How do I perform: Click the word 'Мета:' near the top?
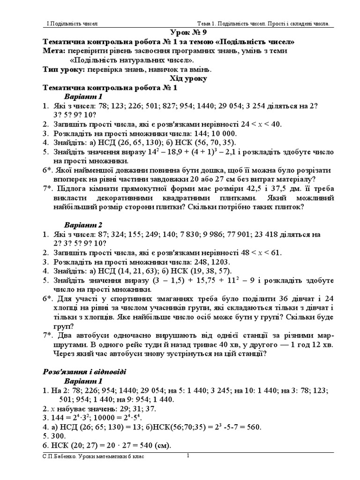pyautogui.click(x=53, y=51)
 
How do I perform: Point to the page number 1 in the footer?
pyautogui.click(x=187, y=455)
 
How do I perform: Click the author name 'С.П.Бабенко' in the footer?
pyautogui.click(x=57, y=457)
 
